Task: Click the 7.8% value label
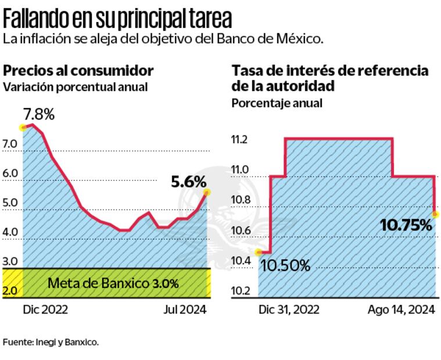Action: coord(39,114)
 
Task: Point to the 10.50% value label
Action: coord(285,266)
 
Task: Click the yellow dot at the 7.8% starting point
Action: coord(23,127)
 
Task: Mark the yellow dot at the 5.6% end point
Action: coord(207,192)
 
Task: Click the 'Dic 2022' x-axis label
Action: coord(45,309)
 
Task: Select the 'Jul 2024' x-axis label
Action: coord(183,309)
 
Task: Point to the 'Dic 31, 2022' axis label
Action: coord(289,309)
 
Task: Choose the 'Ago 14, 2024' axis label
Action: coord(401,309)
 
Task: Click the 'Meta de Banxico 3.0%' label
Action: coord(113,284)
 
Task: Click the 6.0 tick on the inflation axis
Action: coord(10,173)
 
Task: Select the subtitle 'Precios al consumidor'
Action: coord(78,71)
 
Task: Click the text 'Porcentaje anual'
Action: coord(277,103)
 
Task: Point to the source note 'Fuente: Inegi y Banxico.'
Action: coord(51,342)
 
